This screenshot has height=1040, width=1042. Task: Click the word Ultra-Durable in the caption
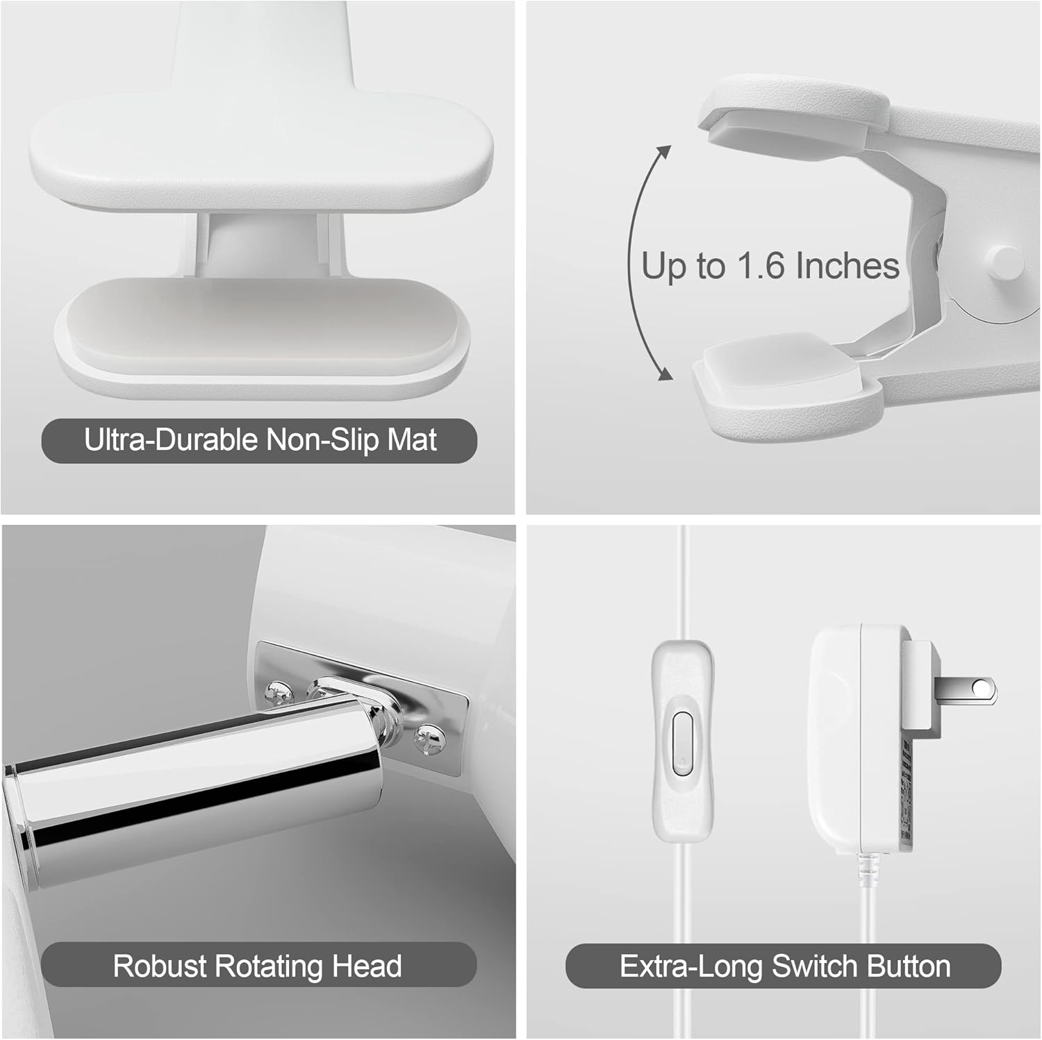pyautogui.click(x=171, y=440)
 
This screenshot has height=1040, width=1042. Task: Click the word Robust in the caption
pyautogui.click(x=159, y=966)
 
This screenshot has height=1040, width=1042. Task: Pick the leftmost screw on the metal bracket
pyautogui.click(x=279, y=692)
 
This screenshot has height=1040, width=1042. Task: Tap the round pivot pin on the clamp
pyautogui.click(x=1003, y=260)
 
